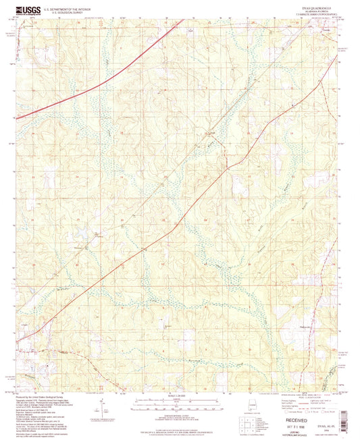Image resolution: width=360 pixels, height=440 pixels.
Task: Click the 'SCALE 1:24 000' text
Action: click(179, 395)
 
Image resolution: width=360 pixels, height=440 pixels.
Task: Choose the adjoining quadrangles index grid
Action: click(249, 424)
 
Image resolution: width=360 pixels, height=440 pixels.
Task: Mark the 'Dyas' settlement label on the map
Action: click(213, 133)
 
